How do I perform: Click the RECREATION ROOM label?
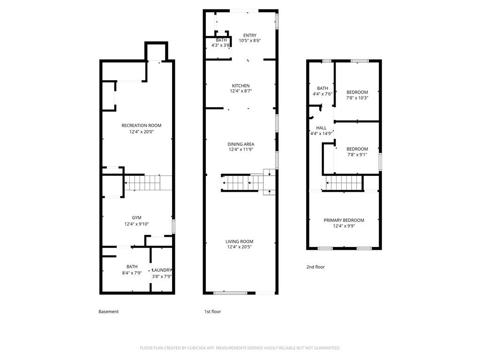(x=141, y=125)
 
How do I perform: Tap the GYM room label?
(x=136, y=217)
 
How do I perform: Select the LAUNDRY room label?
(x=162, y=270)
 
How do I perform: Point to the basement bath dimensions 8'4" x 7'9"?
(x=132, y=273)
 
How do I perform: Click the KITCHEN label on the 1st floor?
(x=240, y=85)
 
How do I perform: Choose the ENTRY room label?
(x=250, y=35)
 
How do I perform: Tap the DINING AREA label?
(x=240, y=144)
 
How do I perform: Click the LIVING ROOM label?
(x=240, y=241)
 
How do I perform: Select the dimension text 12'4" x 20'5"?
(x=240, y=247)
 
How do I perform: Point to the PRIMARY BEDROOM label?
(x=344, y=220)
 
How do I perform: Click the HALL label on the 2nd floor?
(x=322, y=128)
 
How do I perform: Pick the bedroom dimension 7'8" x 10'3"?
(x=357, y=98)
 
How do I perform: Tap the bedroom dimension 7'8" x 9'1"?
(x=357, y=155)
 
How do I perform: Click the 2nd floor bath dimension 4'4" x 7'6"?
(x=322, y=94)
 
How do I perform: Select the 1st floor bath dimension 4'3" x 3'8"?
(x=221, y=45)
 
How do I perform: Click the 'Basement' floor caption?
(x=109, y=312)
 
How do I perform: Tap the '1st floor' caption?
(x=212, y=312)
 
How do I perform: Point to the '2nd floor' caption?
(x=315, y=267)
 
